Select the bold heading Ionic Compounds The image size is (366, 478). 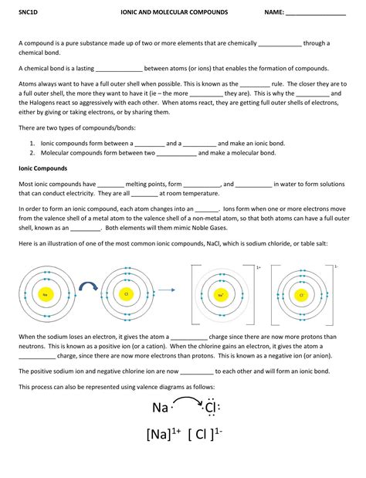coord(44,168)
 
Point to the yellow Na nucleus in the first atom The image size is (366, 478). coord(46,295)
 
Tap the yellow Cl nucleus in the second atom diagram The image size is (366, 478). coord(125,295)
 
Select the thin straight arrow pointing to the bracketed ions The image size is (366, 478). coord(171,293)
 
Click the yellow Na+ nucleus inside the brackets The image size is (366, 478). coord(222,295)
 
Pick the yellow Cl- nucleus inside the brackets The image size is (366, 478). coord(302,295)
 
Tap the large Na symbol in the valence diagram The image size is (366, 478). coord(160,408)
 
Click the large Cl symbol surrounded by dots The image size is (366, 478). coord(213,408)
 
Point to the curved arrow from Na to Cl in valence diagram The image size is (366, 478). coord(187,398)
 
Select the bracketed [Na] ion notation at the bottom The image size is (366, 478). coord(163,435)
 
